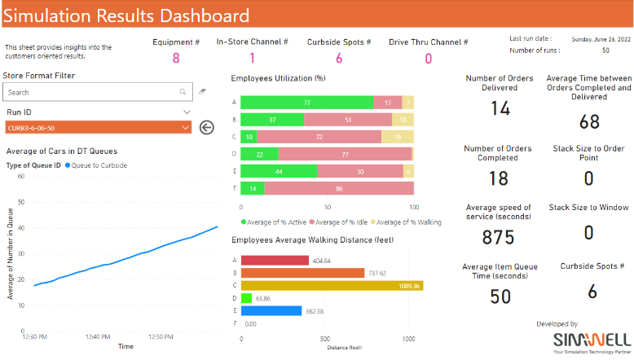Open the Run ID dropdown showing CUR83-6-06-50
click(98, 127)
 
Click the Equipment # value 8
click(175, 58)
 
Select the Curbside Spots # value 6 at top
click(338, 58)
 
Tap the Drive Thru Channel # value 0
click(428, 58)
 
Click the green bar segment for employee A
click(306, 103)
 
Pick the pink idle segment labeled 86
click(338, 188)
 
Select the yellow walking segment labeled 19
click(397, 137)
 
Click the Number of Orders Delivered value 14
click(500, 109)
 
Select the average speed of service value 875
click(499, 237)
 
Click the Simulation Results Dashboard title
click(127, 16)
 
